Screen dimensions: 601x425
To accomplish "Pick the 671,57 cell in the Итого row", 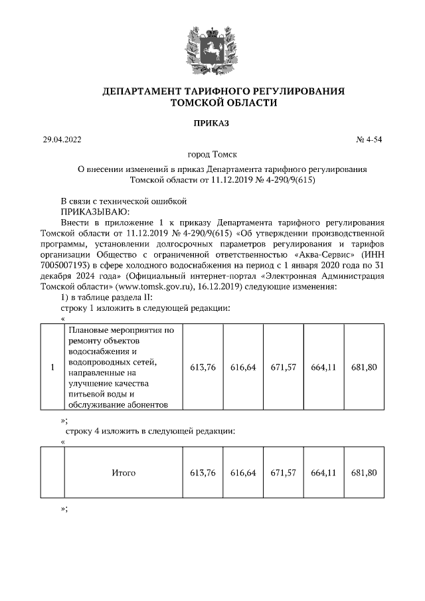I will click(x=284, y=473).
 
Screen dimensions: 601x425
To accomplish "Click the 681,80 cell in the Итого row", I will click(x=364, y=473).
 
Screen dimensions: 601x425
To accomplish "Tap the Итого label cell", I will click(x=123, y=473).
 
